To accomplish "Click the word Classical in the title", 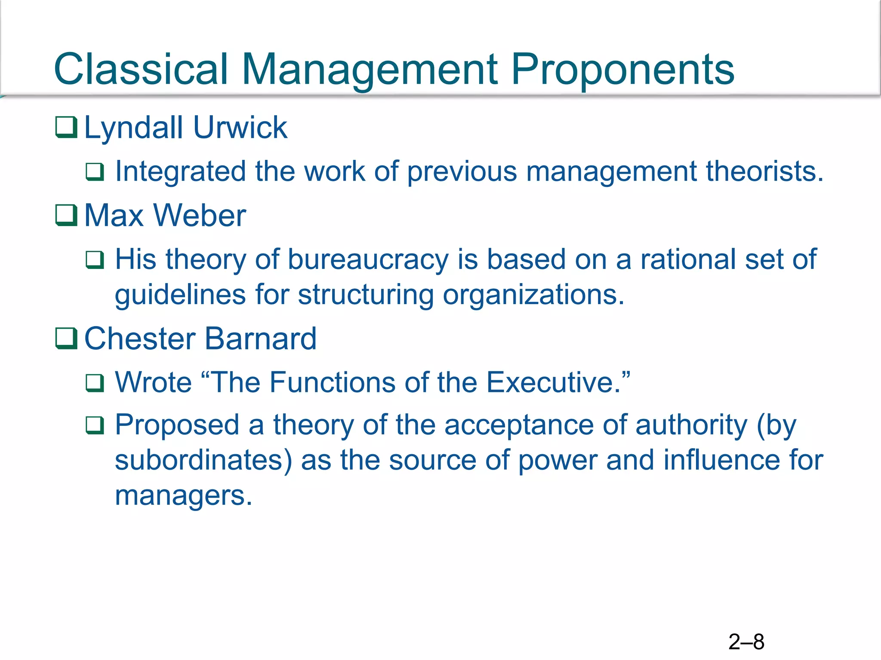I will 141,69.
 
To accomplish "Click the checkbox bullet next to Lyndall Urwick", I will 66,128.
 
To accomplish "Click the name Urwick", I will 240,128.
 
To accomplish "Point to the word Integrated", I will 180,172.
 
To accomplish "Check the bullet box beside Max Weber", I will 66,215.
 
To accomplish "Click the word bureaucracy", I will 368,260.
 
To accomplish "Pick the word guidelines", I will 180,295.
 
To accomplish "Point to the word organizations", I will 533,295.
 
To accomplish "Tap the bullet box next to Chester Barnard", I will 66,339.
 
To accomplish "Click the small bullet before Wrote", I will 95,383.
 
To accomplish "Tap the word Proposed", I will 177,425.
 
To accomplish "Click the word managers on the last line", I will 183,495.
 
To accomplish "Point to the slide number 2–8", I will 746,642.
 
